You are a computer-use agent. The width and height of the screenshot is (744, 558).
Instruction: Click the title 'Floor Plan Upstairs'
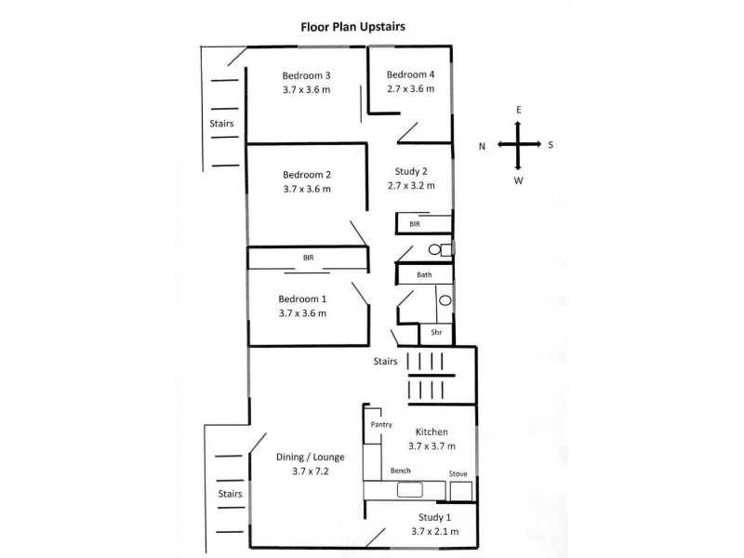(x=352, y=27)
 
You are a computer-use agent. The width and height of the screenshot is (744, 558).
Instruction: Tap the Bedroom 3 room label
(x=306, y=75)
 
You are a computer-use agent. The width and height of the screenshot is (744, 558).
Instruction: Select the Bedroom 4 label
(x=410, y=74)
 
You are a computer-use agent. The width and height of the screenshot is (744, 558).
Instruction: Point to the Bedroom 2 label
(x=306, y=174)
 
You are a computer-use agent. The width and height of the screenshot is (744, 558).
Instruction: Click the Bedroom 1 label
(x=302, y=299)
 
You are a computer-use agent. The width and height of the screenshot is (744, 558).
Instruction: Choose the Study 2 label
(x=410, y=170)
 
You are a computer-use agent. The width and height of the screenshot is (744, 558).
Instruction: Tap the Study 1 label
(x=434, y=517)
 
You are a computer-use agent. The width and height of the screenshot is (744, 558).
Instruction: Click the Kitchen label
(x=432, y=432)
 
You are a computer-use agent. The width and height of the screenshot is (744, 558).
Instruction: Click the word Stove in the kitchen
(x=458, y=473)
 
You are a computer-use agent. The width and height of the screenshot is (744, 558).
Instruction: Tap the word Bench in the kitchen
(x=401, y=471)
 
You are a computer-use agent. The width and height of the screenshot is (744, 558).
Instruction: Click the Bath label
(x=424, y=274)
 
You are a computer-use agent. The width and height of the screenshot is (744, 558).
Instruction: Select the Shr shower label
(x=435, y=332)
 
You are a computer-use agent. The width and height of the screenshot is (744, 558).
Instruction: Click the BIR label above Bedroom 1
(x=307, y=258)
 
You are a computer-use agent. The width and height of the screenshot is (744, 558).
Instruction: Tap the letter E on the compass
(x=519, y=110)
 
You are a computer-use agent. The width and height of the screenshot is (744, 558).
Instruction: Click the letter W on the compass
(x=519, y=180)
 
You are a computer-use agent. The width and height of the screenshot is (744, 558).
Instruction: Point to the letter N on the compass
(x=482, y=145)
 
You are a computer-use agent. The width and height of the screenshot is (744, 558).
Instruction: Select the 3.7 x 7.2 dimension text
(x=310, y=472)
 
